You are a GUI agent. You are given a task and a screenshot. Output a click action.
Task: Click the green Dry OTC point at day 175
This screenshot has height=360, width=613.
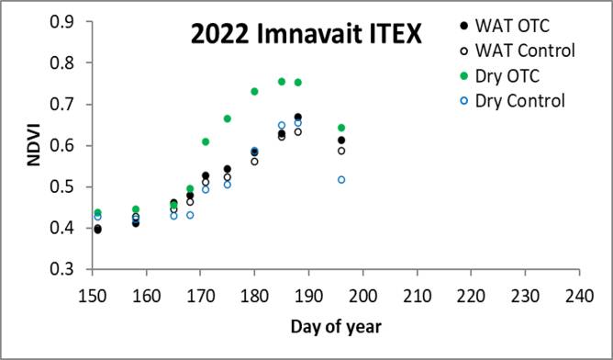228,118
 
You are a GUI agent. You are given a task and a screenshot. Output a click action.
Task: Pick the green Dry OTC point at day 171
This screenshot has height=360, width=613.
206,141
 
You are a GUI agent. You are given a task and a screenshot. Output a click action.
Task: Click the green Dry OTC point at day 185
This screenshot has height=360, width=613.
282,82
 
